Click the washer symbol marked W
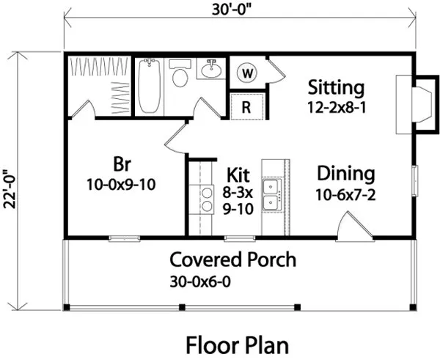coord(247,73)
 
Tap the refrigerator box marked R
coord(247,106)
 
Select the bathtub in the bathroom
coord(150,86)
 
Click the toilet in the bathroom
coord(179,76)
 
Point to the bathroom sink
coord(212,71)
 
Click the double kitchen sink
coord(274,196)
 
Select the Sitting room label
coord(336,88)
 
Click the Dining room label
coord(345,174)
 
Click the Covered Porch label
coord(233,260)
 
